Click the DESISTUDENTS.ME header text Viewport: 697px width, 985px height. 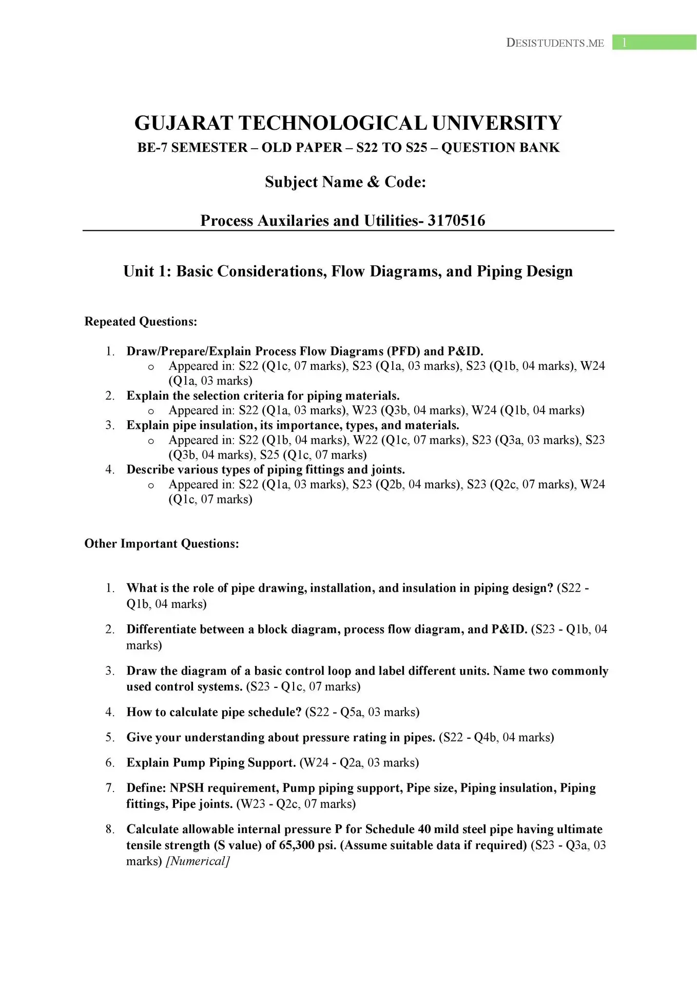[555, 43]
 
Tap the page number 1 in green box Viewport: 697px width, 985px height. [624, 43]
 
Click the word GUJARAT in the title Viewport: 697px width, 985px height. [183, 124]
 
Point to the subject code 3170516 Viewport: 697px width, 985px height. [456, 221]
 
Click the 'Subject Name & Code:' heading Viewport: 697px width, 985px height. [345, 182]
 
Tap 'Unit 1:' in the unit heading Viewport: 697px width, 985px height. [147, 271]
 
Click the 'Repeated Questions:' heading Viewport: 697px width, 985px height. [141, 322]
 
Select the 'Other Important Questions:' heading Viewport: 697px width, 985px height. [162, 544]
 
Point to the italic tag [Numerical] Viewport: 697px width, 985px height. [198, 861]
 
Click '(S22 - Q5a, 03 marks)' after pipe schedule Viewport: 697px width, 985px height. [362, 712]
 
